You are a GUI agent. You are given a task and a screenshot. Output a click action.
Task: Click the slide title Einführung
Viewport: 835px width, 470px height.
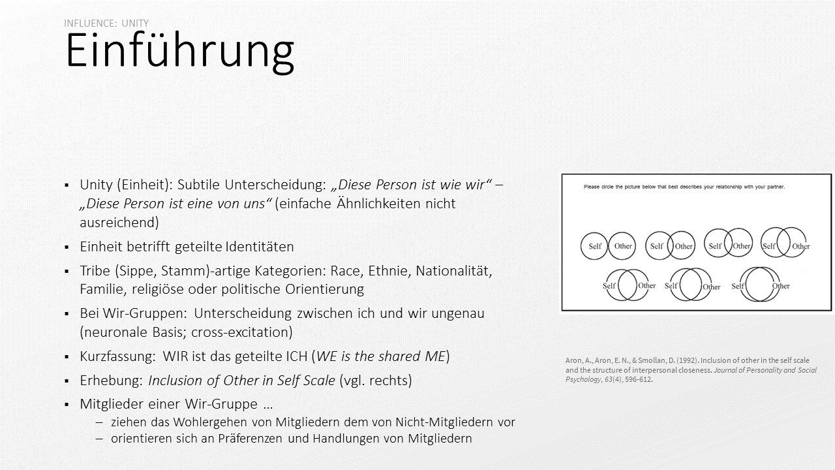coord(179,51)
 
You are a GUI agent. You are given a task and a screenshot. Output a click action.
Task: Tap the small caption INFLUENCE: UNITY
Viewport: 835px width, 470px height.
coord(106,23)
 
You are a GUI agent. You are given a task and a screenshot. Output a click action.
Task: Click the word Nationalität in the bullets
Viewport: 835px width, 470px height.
coord(453,270)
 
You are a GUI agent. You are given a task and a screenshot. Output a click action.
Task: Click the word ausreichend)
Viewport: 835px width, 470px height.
coord(119,222)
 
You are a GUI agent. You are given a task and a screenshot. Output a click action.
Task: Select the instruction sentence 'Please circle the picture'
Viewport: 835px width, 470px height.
coord(684,187)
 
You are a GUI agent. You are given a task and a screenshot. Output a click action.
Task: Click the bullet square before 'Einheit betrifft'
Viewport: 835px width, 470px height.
coord(67,247)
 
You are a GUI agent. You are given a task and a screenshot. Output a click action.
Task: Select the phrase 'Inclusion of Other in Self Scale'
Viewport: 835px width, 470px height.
coord(242,380)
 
